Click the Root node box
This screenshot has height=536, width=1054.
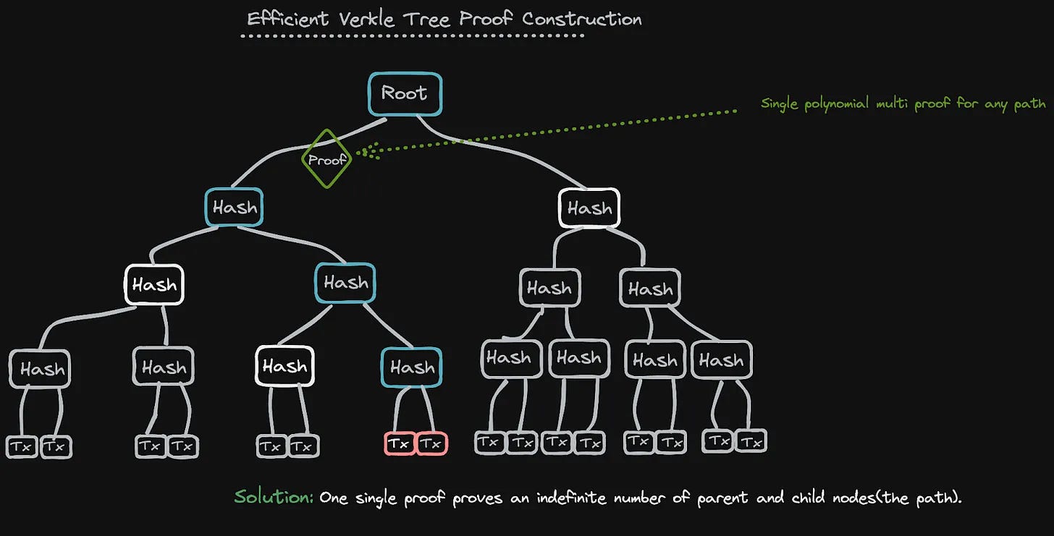click(404, 93)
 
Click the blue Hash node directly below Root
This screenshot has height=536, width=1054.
click(234, 208)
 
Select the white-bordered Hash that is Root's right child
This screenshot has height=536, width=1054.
click(589, 208)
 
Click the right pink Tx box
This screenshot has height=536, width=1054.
click(431, 443)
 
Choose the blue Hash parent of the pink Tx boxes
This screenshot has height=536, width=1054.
click(411, 367)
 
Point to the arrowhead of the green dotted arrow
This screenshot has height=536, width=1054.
click(361, 152)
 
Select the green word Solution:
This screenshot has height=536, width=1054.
click(274, 497)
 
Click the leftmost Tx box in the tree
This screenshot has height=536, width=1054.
click(22, 447)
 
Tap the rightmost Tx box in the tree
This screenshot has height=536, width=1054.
click(751, 441)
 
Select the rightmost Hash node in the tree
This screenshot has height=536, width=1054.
click(721, 360)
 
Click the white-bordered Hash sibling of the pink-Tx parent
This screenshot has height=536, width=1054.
click(284, 367)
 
